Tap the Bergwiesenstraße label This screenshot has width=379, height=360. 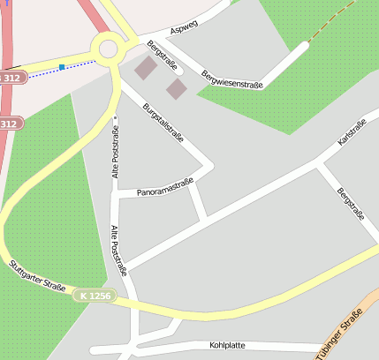[x=231, y=79]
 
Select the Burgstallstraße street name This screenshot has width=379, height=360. [x=163, y=123]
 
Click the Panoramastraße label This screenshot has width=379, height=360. [x=165, y=189]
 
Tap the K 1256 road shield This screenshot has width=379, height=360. [x=94, y=296]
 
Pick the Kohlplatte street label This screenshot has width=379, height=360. [x=227, y=345]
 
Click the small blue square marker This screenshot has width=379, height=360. [x=62, y=67]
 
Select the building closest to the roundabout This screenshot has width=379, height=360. [x=145, y=69]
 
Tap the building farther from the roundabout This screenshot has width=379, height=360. [x=177, y=88]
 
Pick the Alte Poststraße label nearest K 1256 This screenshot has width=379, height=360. [x=118, y=251]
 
